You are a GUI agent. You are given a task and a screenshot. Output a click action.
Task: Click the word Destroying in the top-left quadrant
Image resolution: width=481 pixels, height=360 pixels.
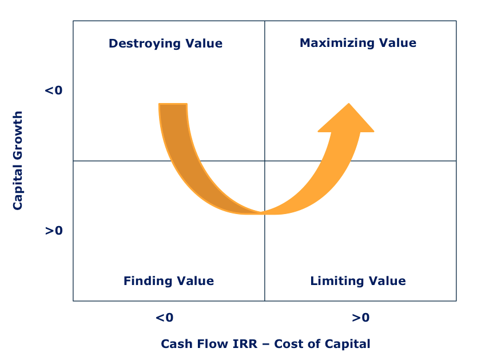point(145,43)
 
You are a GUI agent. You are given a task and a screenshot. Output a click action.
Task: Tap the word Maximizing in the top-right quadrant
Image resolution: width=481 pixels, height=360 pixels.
point(337,43)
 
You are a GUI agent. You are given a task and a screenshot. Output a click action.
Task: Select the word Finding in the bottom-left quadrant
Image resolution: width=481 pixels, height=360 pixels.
point(148,281)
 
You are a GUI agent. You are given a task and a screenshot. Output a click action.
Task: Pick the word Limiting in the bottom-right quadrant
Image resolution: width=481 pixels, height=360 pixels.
point(337,281)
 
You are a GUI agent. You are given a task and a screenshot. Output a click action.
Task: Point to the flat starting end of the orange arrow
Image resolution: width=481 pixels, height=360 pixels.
point(173,104)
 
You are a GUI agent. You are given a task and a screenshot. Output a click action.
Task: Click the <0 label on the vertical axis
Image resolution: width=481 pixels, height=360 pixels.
point(54,90)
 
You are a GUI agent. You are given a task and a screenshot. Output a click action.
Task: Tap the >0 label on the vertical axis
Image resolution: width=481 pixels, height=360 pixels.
point(54,231)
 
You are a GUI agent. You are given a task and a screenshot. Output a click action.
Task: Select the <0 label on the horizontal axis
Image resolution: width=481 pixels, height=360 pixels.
point(164,317)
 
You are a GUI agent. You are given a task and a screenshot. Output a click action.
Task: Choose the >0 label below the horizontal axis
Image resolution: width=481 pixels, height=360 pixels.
point(361,317)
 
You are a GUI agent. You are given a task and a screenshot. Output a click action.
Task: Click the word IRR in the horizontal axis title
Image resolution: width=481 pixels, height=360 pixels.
point(245,344)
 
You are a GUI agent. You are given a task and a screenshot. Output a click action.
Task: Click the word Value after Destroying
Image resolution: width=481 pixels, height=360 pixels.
point(204,43)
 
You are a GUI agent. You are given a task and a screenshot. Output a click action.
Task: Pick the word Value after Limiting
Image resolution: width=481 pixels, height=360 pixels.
point(387,281)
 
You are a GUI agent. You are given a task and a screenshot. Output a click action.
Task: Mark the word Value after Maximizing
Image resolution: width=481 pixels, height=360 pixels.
point(398,43)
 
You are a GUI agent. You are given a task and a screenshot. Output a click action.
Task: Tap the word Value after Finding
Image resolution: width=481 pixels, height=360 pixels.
point(196,281)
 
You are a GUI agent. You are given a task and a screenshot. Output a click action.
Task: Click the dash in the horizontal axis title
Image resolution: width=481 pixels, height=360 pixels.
point(266,345)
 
